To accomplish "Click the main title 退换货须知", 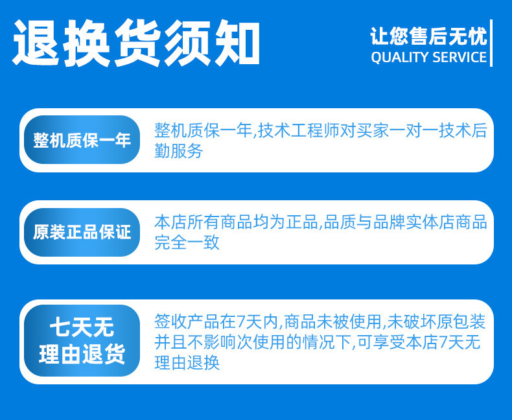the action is click(136, 43).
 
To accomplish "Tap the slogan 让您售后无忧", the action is click(428, 36).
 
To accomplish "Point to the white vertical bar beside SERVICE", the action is click(491, 43).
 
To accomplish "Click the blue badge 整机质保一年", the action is click(82, 140).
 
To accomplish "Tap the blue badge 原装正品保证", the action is click(82, 232).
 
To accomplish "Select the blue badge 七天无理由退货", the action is click(82, 341).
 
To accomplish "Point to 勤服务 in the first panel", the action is click(179, 150).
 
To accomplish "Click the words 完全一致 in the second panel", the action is click(187, 242).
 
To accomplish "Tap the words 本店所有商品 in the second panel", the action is click(203, 222).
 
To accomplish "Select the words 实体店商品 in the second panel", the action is click(446, 222).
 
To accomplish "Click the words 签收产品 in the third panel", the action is click(187, 321).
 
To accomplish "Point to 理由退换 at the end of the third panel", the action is click(187, 362).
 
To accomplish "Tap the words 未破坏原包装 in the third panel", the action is click(436, 321).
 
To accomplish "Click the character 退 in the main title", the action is click(36, 43).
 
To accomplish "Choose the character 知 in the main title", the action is click(237, 43).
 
